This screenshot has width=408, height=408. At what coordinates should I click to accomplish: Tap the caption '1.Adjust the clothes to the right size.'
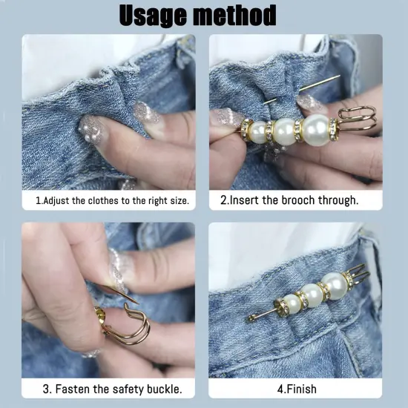(111, 200)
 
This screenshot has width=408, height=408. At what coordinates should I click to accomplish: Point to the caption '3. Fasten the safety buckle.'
(111, 388)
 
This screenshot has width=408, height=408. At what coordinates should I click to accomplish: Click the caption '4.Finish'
(296, 388)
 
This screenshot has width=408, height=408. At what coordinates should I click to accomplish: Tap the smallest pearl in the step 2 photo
(258, 132)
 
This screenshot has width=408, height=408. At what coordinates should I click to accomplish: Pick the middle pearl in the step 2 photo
(284, 131)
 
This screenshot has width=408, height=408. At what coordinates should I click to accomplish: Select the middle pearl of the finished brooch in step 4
(312, 295)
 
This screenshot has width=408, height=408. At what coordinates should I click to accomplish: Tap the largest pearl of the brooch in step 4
(334, 284)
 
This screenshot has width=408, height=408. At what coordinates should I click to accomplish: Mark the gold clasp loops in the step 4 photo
(358, 276)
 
